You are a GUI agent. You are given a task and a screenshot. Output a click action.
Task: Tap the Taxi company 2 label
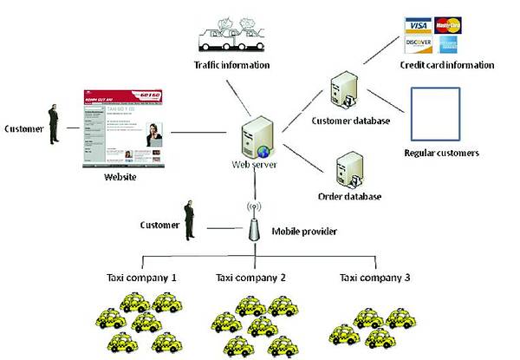[x=251, y=278]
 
